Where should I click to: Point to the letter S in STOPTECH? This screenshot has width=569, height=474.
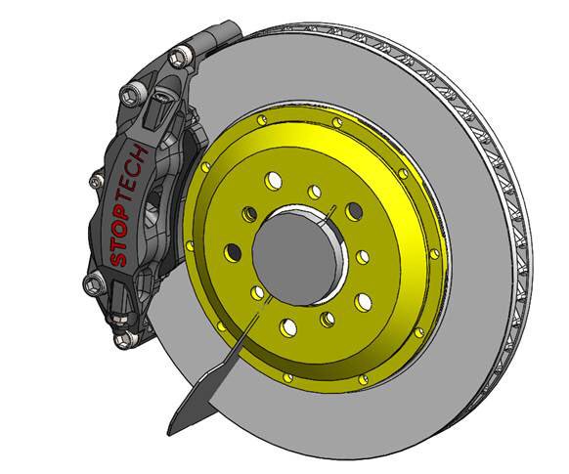click(x=117, y=260)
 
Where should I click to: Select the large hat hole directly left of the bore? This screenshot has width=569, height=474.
click(x=233, y=252)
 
